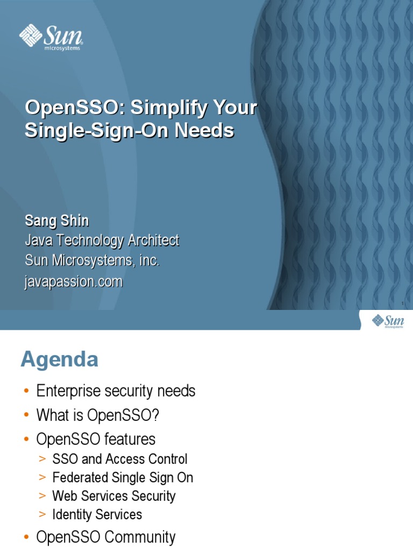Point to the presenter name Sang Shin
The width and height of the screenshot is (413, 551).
pos(56,221)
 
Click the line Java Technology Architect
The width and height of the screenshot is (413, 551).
pos(102,241)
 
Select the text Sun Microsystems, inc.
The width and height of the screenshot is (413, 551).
pos(92,261)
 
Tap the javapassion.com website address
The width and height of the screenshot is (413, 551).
pos(74,281)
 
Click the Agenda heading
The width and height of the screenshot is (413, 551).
pos(59,359)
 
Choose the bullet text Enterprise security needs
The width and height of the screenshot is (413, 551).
pos(116,391)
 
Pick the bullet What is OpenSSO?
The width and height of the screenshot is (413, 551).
pos(98,415)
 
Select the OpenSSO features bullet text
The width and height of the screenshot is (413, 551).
pos(96,439)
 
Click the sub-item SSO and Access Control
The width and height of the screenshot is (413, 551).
pos(119,459)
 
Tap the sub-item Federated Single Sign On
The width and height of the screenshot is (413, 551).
pos(123,478)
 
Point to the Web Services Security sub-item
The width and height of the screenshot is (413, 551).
pos(113,496)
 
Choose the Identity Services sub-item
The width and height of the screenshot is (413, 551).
pos(97,514)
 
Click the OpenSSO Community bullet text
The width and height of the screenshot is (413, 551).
pos(105,537)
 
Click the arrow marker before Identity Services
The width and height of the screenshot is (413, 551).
pos(43,515)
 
